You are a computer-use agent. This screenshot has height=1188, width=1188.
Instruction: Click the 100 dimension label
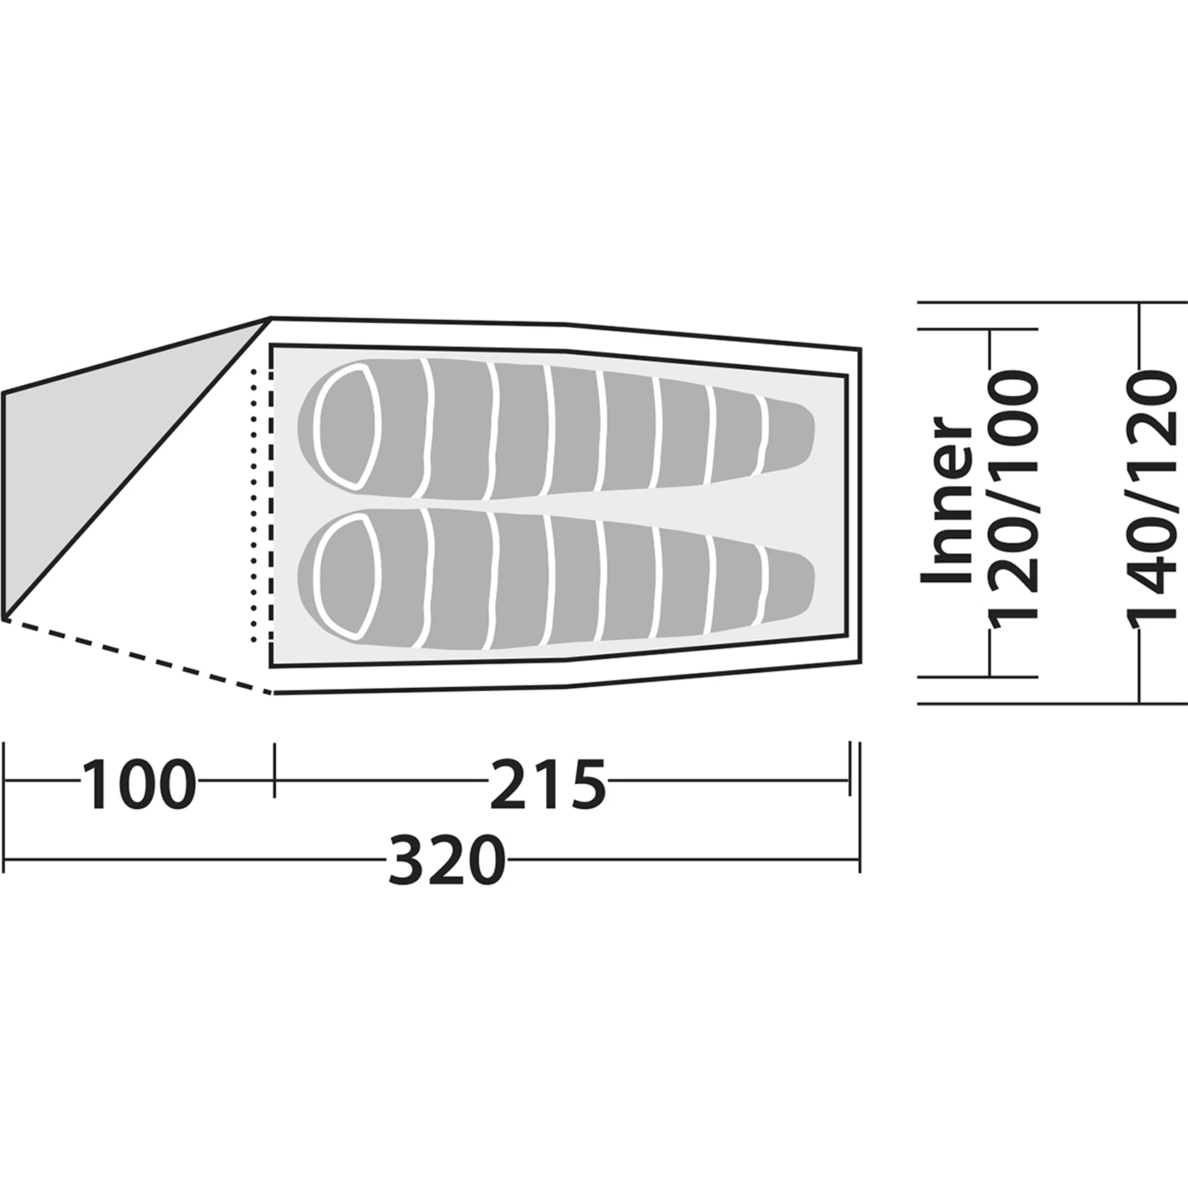point(139,785)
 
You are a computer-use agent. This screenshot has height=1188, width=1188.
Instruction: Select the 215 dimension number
point(547,785)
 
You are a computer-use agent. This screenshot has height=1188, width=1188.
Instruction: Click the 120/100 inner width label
point(1012,499)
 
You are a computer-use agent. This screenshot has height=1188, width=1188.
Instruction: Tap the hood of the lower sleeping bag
point(346,577)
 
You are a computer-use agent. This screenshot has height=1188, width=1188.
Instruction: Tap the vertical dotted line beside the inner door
point(253,504)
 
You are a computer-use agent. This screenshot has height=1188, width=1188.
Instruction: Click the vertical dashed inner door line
point(271,504)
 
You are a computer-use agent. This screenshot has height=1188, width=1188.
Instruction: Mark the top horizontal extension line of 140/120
point(1045,302)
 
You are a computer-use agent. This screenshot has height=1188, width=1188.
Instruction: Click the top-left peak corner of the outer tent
point(271,318)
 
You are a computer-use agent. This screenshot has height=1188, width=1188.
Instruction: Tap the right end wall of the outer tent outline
point(860,504)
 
